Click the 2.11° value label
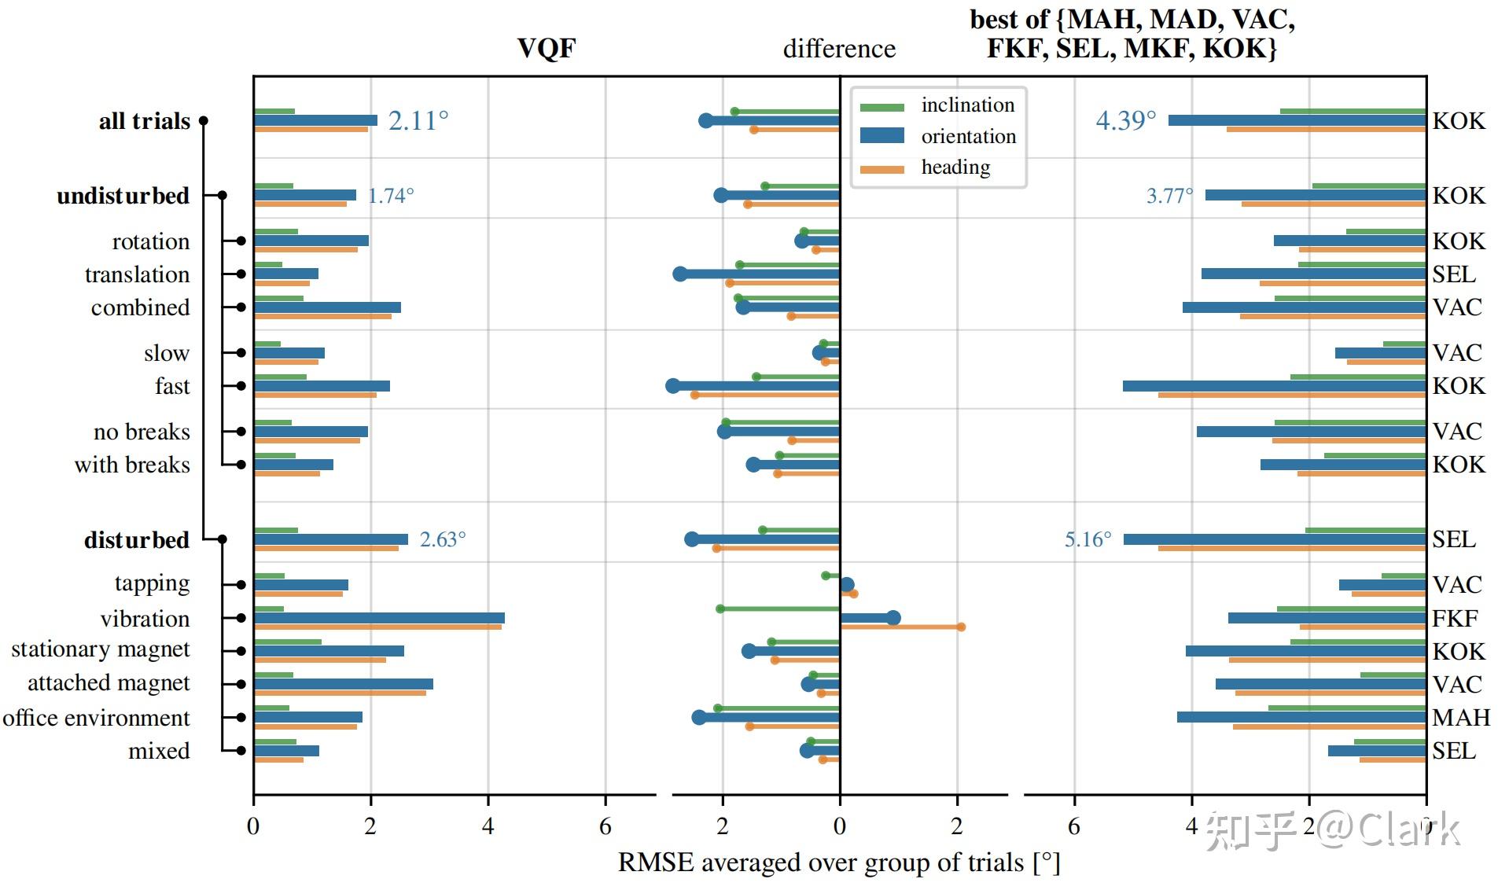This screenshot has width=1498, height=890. (x=418, y=120)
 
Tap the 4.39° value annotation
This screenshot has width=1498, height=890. (x=1125, y=120)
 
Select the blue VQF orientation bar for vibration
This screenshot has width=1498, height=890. (x=379, y=618)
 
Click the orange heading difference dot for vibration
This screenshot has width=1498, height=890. (x=961, y=627)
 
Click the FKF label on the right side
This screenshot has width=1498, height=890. (x=1454, y=618)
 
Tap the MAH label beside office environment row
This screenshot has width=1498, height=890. (x=1460, y=717)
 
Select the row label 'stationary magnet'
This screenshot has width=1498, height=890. (x=101, y=649)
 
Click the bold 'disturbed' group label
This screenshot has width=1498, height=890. (x=137, y=540)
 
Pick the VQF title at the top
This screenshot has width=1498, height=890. (x=547, y=49)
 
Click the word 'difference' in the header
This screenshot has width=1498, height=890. (x=839, y=49)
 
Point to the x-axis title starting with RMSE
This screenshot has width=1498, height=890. (x=839, y=862)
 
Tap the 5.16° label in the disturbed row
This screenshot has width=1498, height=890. (x=1088, y=539)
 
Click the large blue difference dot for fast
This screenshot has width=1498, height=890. (x=672, y=386)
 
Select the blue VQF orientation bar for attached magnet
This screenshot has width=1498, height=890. (x=343, y=684)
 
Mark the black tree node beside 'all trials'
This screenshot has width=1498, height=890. (x=203, y=120)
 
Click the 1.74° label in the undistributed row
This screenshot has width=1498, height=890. (x=390, y=196)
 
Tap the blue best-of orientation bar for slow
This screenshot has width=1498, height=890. (x=1380, y=353)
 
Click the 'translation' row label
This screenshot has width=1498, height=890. (x=137, y=274)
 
